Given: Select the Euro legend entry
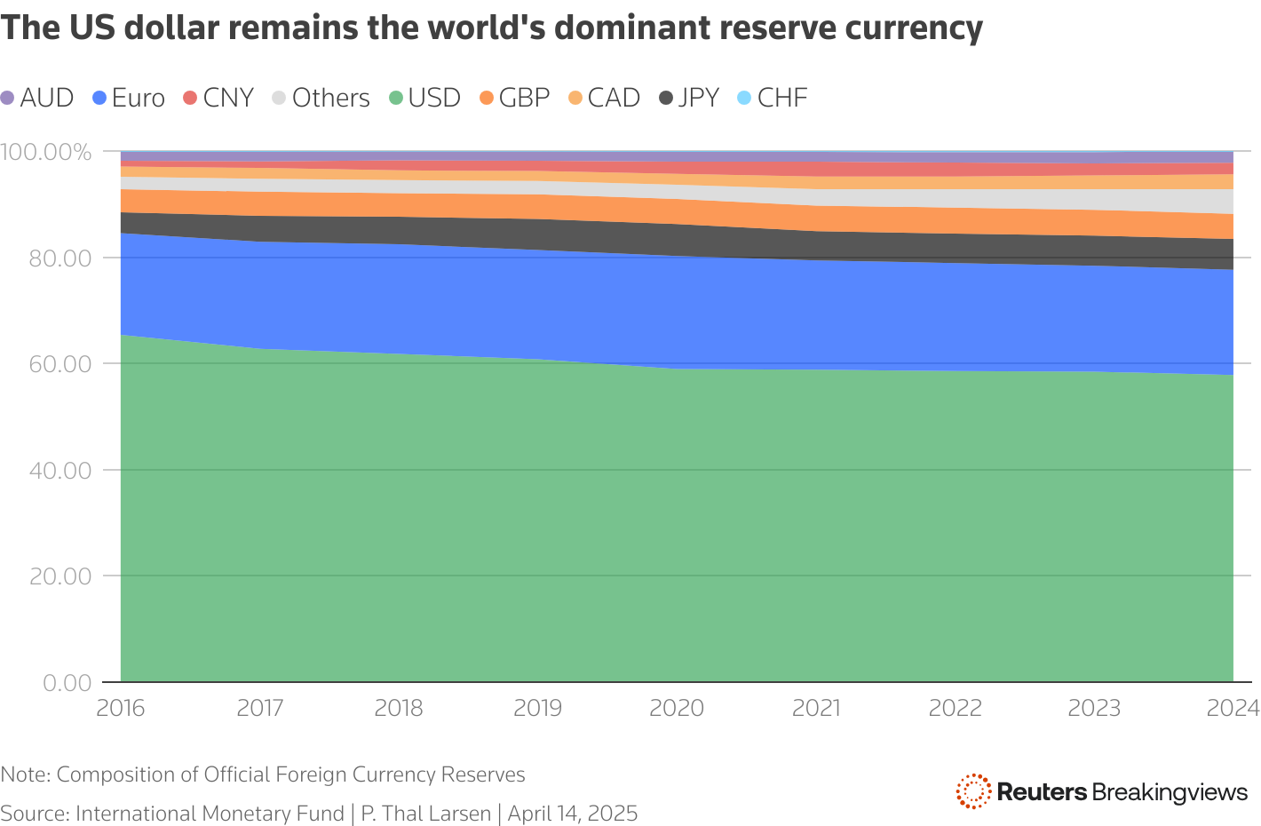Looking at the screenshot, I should [130, 98].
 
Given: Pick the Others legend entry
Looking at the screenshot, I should [321, 98].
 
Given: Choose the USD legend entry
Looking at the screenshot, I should [425, 98].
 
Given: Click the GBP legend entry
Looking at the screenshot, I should [515, 98].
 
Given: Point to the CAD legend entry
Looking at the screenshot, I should [605, 98].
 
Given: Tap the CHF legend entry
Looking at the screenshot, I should [773, 98].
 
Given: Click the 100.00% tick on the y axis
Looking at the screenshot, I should [46, 152].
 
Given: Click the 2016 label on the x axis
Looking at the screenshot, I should [121, 708].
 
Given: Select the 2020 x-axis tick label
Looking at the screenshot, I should [677, 708].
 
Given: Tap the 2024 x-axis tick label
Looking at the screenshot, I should [1233, 708].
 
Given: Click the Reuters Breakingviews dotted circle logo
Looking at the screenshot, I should [973, 791].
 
